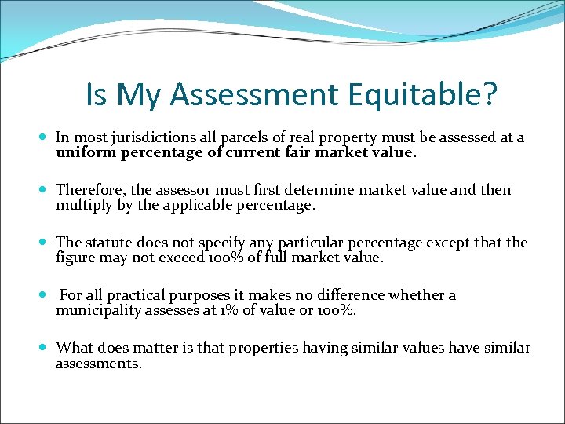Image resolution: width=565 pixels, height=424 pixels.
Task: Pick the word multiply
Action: tap(83, 205)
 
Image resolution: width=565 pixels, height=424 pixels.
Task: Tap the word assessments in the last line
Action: tap(98, 363)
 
